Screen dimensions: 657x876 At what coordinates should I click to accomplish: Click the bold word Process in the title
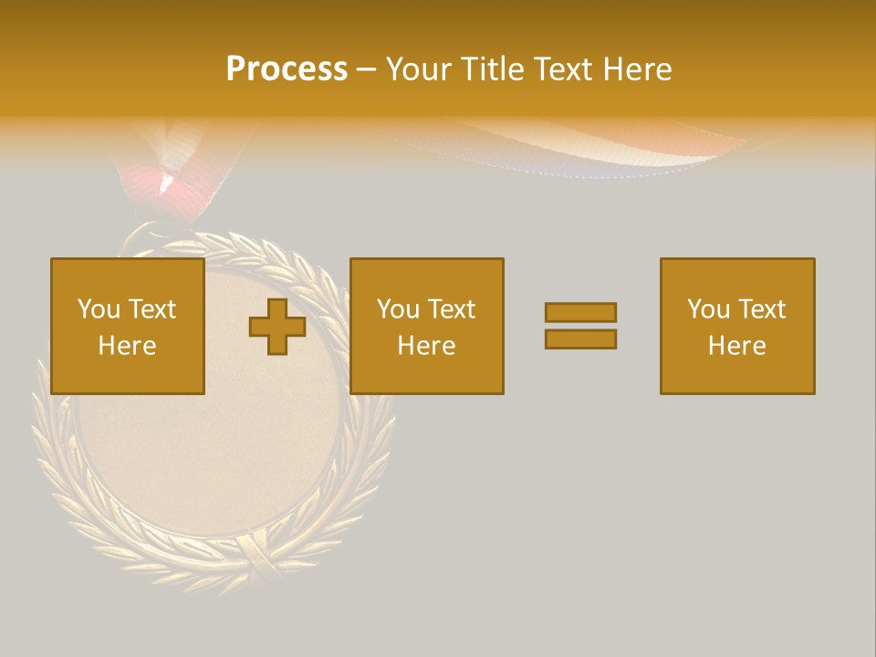(x=287, y=69)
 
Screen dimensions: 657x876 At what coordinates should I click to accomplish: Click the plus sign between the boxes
(x=277, y=327)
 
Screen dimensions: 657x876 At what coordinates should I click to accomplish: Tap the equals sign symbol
(x=580, y=326)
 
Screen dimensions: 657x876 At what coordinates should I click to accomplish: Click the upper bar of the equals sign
(x=580, y=313)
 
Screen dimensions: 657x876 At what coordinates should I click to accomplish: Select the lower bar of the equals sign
(x=580, y=339)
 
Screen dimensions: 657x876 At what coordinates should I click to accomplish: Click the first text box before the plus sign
(x=127, y=326)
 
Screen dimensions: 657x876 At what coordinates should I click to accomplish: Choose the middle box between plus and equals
(x=426, y=326)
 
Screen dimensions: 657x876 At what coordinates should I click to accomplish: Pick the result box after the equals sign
(x=736, y=326)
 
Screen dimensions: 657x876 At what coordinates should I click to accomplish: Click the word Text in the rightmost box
(x=761, y=309)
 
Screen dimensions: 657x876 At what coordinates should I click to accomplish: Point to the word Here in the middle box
(x=426, y=346)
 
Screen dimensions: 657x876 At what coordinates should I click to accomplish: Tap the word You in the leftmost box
(x=98, y=309)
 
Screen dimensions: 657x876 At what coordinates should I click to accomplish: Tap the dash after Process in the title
(x=367, y=70)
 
